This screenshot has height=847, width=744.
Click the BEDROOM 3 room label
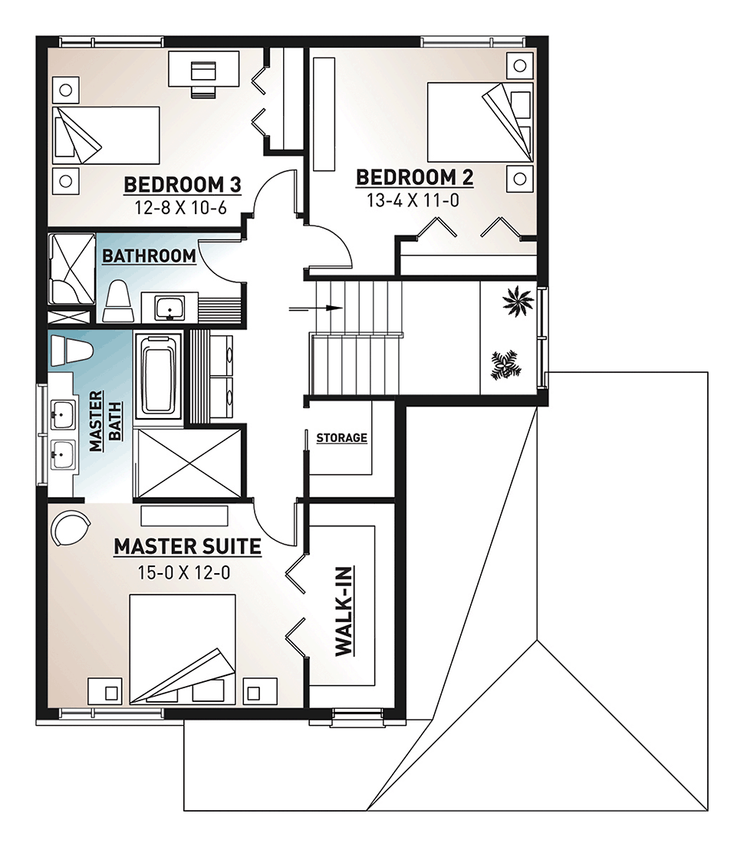click(183, 185)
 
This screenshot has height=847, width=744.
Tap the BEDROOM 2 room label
click(415, 177)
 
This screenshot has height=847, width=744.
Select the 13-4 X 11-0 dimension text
click(413, 200)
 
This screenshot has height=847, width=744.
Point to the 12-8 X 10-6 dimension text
click(180, 207)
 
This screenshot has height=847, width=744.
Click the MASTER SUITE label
click(187, 547)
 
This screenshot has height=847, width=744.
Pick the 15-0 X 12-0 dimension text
click(184, 572)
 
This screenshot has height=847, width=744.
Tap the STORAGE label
click(342, 437)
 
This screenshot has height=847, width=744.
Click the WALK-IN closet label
click(344, 611)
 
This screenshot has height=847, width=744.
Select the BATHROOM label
click(149, 255)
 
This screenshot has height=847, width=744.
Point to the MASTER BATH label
click(106, 421)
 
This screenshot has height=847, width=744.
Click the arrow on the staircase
click(316, 308)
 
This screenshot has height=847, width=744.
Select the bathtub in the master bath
click(159, 374)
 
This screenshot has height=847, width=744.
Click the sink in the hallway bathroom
click(170, 308)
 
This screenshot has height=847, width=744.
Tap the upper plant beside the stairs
click(518, 301)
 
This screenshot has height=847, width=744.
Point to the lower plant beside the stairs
click(506, 365)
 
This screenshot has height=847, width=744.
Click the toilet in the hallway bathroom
click(118, 302)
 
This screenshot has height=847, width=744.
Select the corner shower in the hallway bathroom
click(72, 269)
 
